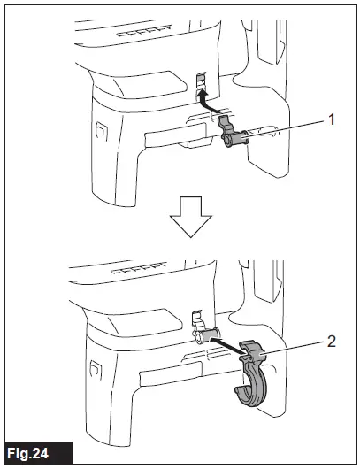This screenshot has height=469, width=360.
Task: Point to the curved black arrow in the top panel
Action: [x=209, y=104]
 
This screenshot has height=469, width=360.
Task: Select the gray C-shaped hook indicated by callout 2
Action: [x=251, y=381]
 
